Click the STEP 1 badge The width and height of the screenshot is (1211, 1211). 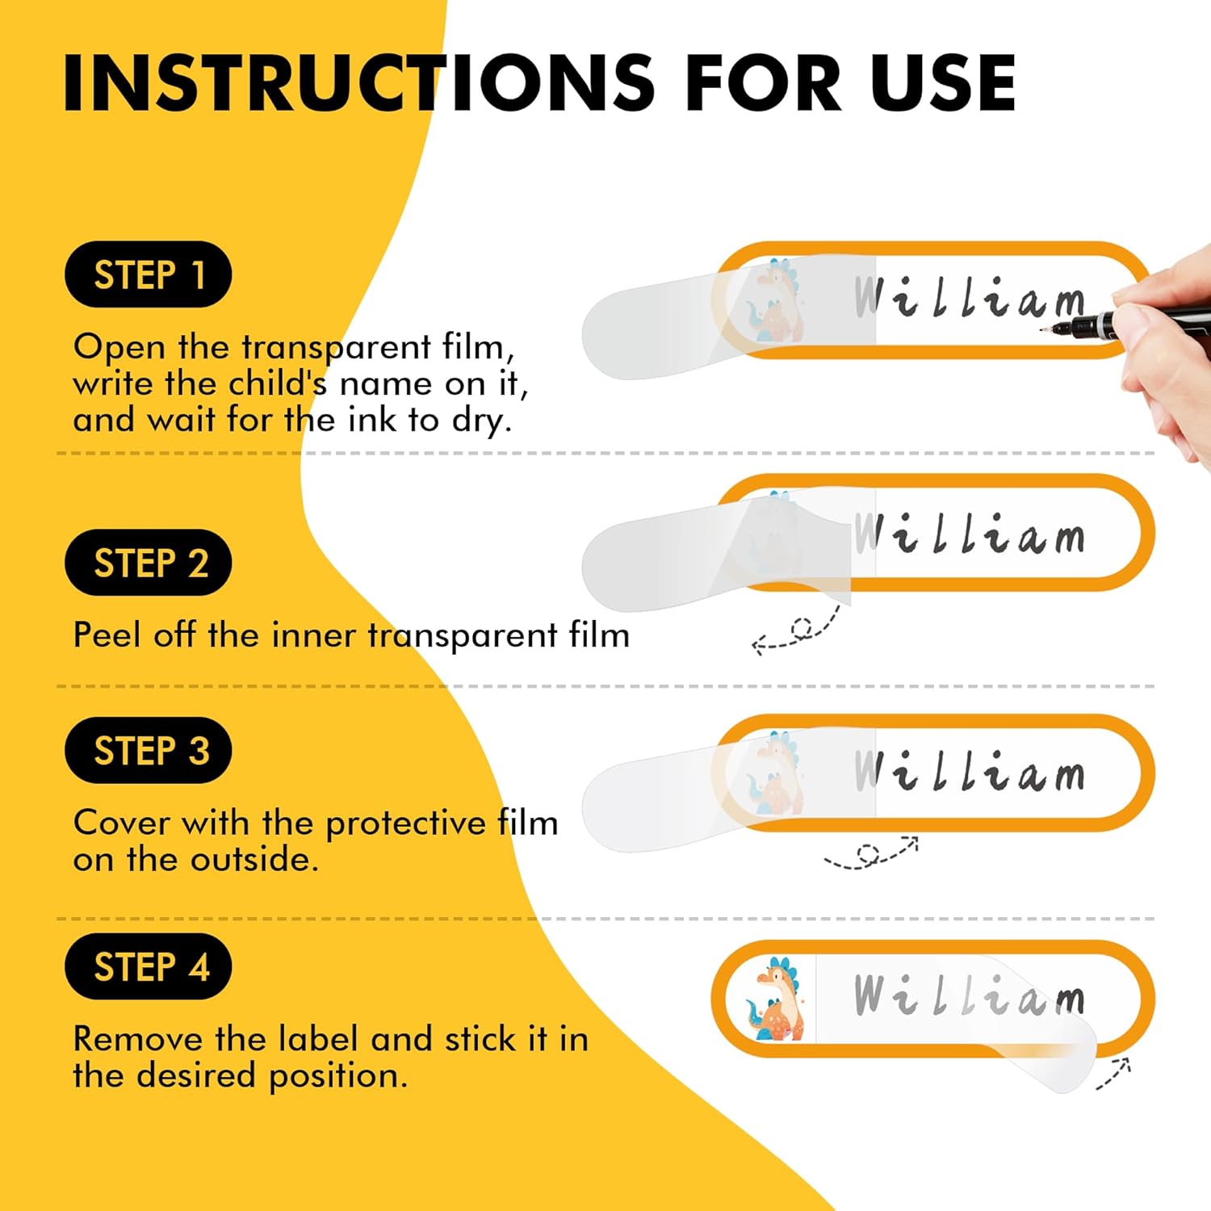pos(149,274)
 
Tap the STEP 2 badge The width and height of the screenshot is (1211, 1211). pos(149,563)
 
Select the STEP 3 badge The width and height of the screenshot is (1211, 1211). pos(149,750)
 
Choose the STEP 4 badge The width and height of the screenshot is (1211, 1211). pos(149,966)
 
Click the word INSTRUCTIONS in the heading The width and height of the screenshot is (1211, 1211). pos(358,83)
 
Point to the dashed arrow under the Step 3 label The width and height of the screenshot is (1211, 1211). pos(870,854)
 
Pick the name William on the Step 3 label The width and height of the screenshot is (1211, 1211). pos(970,770)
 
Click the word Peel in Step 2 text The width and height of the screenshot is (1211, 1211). pos(107,635)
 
